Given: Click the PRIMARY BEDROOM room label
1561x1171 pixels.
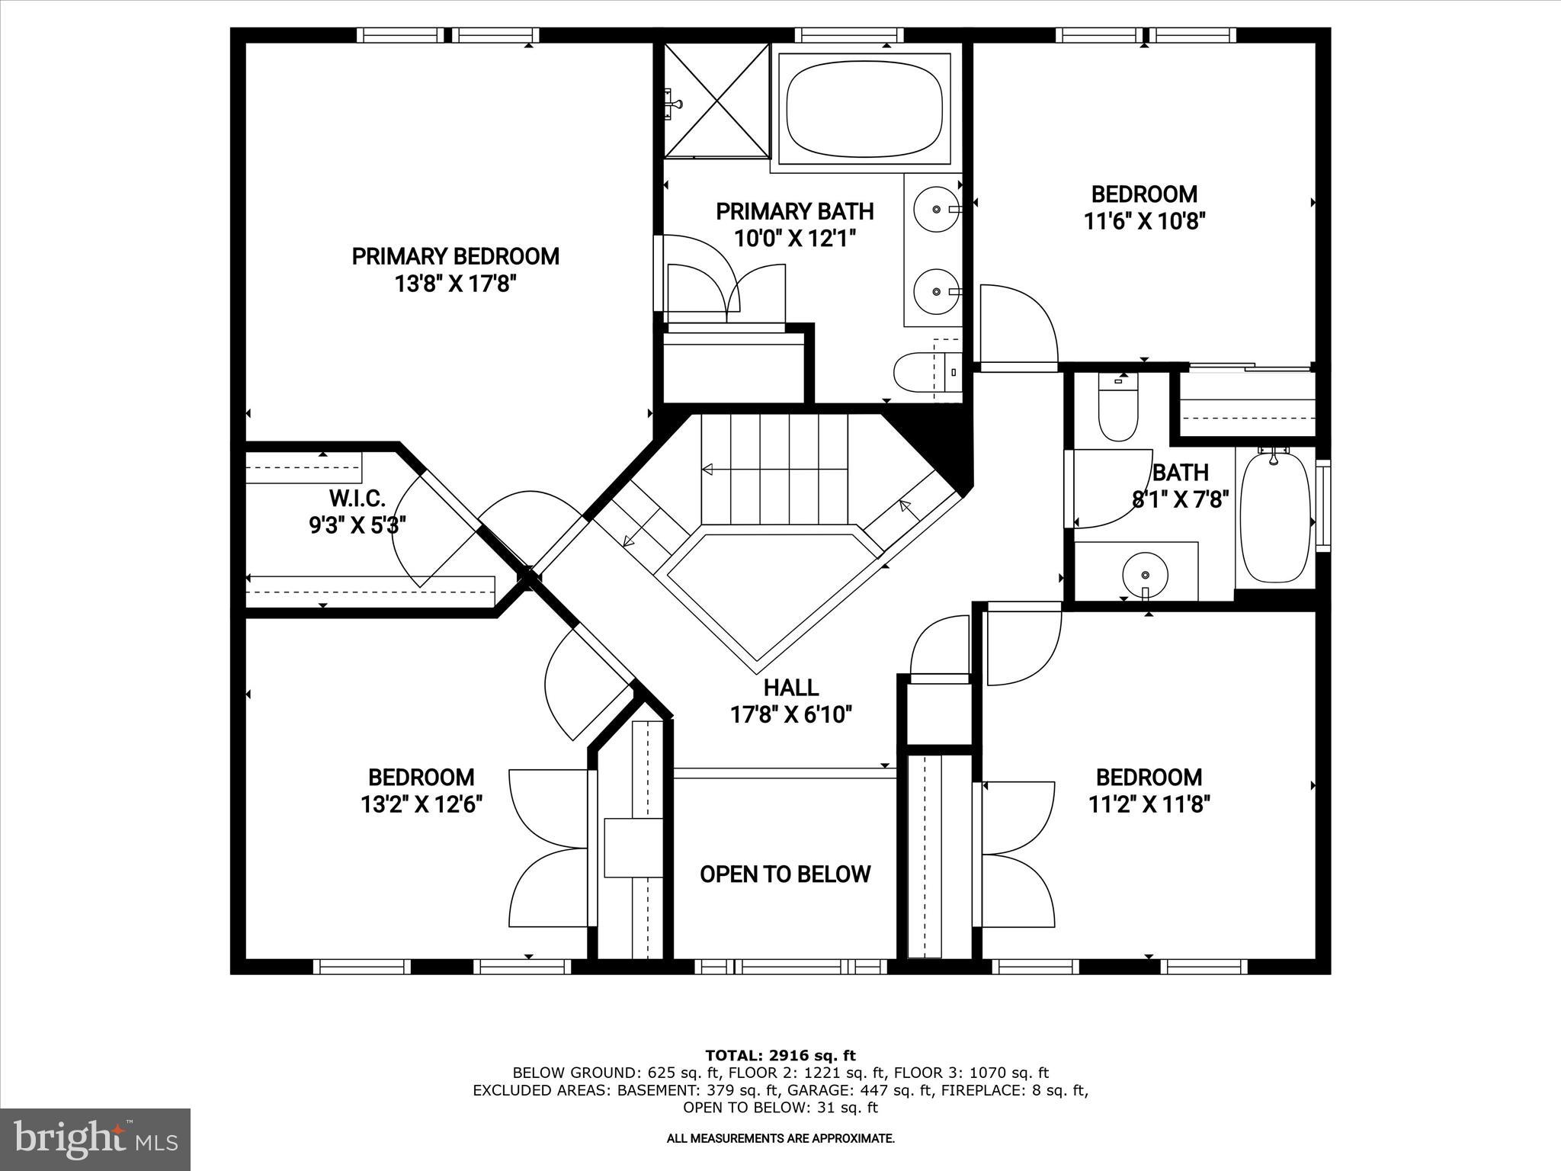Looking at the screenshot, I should (x=455, y=256).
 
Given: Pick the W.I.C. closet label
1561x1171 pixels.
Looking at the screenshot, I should (x=357, y=499).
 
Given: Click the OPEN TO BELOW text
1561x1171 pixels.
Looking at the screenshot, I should (x=785, y=874).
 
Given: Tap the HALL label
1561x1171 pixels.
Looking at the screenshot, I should (x=791, y=688).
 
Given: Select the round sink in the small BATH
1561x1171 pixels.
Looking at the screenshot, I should (x=1145, y=573).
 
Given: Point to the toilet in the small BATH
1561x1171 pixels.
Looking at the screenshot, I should (x=1117, y=412).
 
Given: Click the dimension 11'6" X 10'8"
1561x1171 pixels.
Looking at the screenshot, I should (x=1143, y=222).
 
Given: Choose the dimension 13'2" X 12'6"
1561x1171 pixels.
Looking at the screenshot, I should (x=422, y=804).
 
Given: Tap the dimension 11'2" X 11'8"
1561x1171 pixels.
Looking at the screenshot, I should (x=1149, y=804).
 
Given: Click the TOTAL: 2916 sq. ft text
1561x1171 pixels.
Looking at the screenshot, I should (x=780, y=1055).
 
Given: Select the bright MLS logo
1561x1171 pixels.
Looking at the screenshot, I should (x=95, y=1139).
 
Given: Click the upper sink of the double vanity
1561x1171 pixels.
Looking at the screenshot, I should (x=936, y=208).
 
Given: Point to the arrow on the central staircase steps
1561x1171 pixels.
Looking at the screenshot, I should (x=709, y=469).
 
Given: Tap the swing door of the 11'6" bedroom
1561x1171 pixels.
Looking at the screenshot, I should (x=1018, y=328).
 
